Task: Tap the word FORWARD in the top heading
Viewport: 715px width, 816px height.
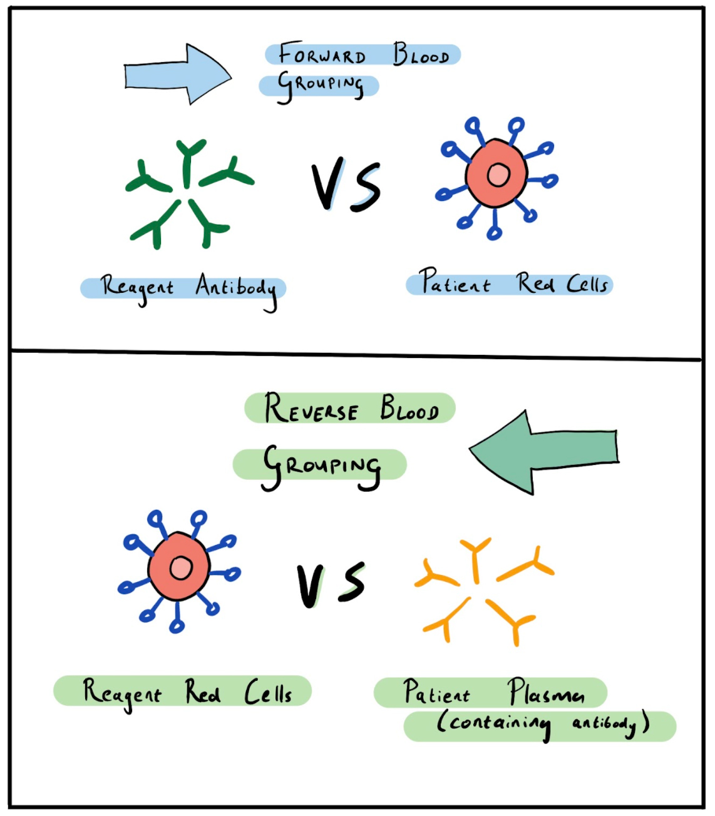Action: coord(322,54)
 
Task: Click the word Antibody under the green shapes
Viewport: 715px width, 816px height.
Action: coord(236,288)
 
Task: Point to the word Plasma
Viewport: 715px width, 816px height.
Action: coord(545,692)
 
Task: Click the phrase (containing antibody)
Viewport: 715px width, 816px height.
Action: coord(542,725)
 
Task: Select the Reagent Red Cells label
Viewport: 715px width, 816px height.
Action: coord(186,692)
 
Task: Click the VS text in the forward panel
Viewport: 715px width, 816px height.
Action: coord(346,185)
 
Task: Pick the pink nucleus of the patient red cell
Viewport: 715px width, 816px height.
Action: coord(498,175)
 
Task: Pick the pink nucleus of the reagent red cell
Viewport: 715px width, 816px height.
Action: coord(181,568)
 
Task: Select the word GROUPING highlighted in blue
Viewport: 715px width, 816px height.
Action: coord(319,85)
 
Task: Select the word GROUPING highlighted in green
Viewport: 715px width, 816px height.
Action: coord(321,466)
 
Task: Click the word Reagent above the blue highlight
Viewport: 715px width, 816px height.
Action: coord(136,288)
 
